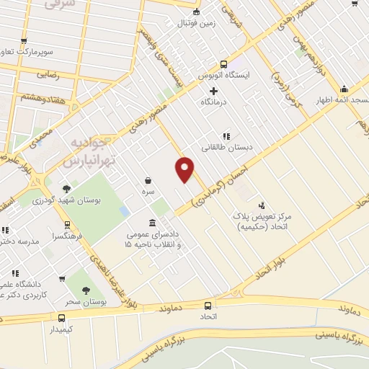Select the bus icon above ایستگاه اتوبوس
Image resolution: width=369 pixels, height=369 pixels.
(224, 63)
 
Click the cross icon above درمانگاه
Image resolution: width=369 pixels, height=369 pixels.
(213, 91)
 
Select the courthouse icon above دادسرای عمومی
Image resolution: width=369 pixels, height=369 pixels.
(151, 223)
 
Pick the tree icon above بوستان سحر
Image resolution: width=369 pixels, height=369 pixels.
(86, 291)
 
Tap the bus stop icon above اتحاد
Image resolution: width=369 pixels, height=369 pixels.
(208, 305)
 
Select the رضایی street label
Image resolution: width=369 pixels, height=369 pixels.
(40, 74)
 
